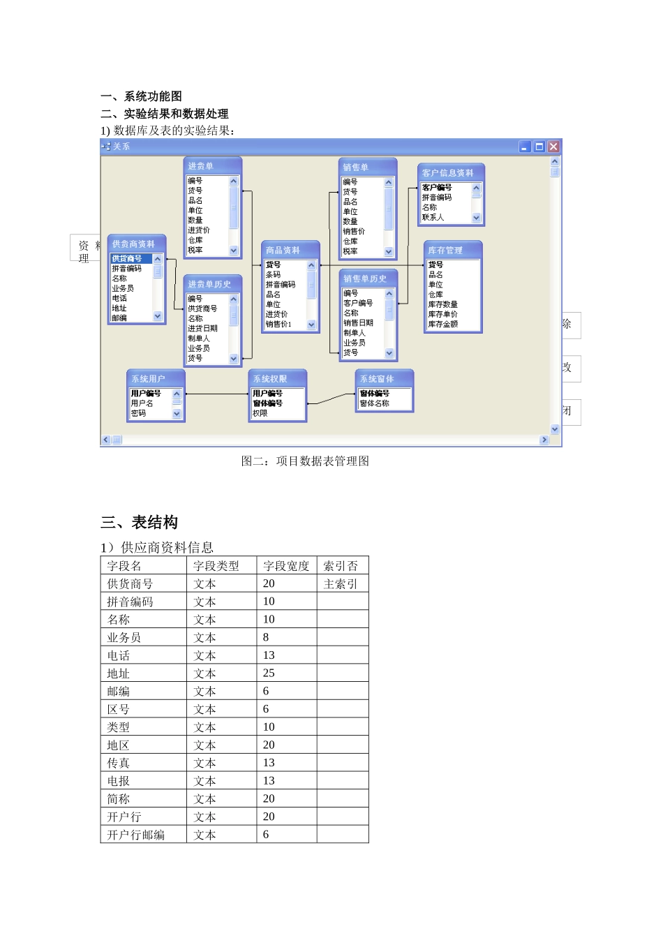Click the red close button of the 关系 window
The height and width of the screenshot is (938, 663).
[x=553, y=147]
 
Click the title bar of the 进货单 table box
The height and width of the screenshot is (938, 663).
[x=212, y=166]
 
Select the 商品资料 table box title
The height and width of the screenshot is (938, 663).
[x=290, y=250]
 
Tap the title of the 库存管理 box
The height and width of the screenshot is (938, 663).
[x=452, y=250]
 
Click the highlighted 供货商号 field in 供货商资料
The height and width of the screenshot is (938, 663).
[x=127, y=259]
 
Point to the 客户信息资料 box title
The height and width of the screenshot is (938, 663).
[x=451, y=172]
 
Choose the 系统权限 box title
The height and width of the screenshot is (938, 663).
[x=277, y=378]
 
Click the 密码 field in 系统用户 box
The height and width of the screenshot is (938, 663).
[x=139, y=413]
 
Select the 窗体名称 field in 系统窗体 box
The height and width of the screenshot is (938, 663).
[x=375, y=403]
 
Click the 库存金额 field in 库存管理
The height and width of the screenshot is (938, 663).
[x=443, y=324]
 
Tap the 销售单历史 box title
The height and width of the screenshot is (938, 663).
[x=368, y=278]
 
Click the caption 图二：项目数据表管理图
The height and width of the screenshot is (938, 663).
[x=305, y=461]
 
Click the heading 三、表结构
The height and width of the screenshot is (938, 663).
[x=140, y=522]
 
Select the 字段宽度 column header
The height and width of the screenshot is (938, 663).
[x=286, y=565]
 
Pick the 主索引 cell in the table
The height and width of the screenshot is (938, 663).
[x=341, y=583]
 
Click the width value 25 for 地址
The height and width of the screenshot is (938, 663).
[x=269, y=673]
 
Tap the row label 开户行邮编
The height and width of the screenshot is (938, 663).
[x=136, y=835]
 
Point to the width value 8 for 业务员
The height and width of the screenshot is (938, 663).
[x=266, y=637]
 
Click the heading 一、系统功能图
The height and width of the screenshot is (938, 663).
[x=142, y=96]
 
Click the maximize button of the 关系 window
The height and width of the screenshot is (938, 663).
[x=539, y=147]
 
